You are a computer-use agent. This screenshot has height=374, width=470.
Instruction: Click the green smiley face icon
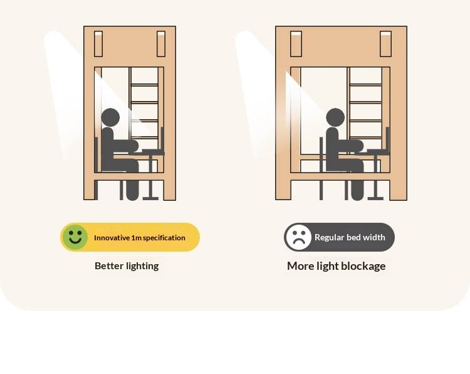pos(75,237)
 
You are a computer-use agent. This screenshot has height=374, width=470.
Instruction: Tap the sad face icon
pos(298,237)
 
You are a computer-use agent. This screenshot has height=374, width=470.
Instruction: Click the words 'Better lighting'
pos(127,265)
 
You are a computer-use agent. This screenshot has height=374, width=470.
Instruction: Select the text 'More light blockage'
pos(336,265)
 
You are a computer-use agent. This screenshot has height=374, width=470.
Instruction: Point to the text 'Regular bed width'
pos(350,237)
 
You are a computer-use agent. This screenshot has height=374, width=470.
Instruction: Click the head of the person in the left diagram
pos(110,117)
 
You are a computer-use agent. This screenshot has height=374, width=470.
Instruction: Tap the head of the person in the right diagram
pos(335,117)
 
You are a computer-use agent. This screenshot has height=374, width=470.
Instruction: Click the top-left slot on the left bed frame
pos(98,43)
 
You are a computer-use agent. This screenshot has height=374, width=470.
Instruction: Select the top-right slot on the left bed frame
pos(161,43)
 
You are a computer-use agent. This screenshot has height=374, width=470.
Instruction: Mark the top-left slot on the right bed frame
pos(295,43)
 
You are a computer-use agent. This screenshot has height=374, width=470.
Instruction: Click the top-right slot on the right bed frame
pos(385,43)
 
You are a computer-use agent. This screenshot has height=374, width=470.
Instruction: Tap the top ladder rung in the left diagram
pos(145,85)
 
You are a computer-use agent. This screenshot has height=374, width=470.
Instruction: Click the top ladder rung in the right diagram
pos(365,85)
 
